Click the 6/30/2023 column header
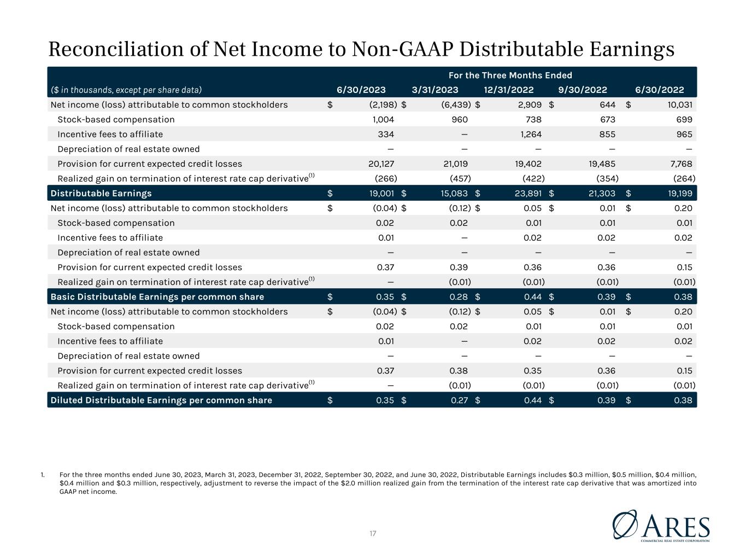coord(361,90)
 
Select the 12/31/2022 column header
coord(508,90)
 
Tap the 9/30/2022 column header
coord(583,90)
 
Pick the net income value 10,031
coord(680,104)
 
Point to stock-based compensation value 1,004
coord(383,120)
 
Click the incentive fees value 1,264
coord(531,135)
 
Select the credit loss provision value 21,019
coord(455,164)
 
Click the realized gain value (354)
coord(607,178)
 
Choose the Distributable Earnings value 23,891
coord(528,194)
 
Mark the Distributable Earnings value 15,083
coord(454,194)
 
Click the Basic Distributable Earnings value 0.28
coord(459,297)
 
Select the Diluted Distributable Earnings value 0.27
coord(459,400)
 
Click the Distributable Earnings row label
coord(101,194)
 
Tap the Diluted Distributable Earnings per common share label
coord(161,400)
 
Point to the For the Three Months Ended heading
coord(510,75)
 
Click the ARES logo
coord(661,526)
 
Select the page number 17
coord(373,533)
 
